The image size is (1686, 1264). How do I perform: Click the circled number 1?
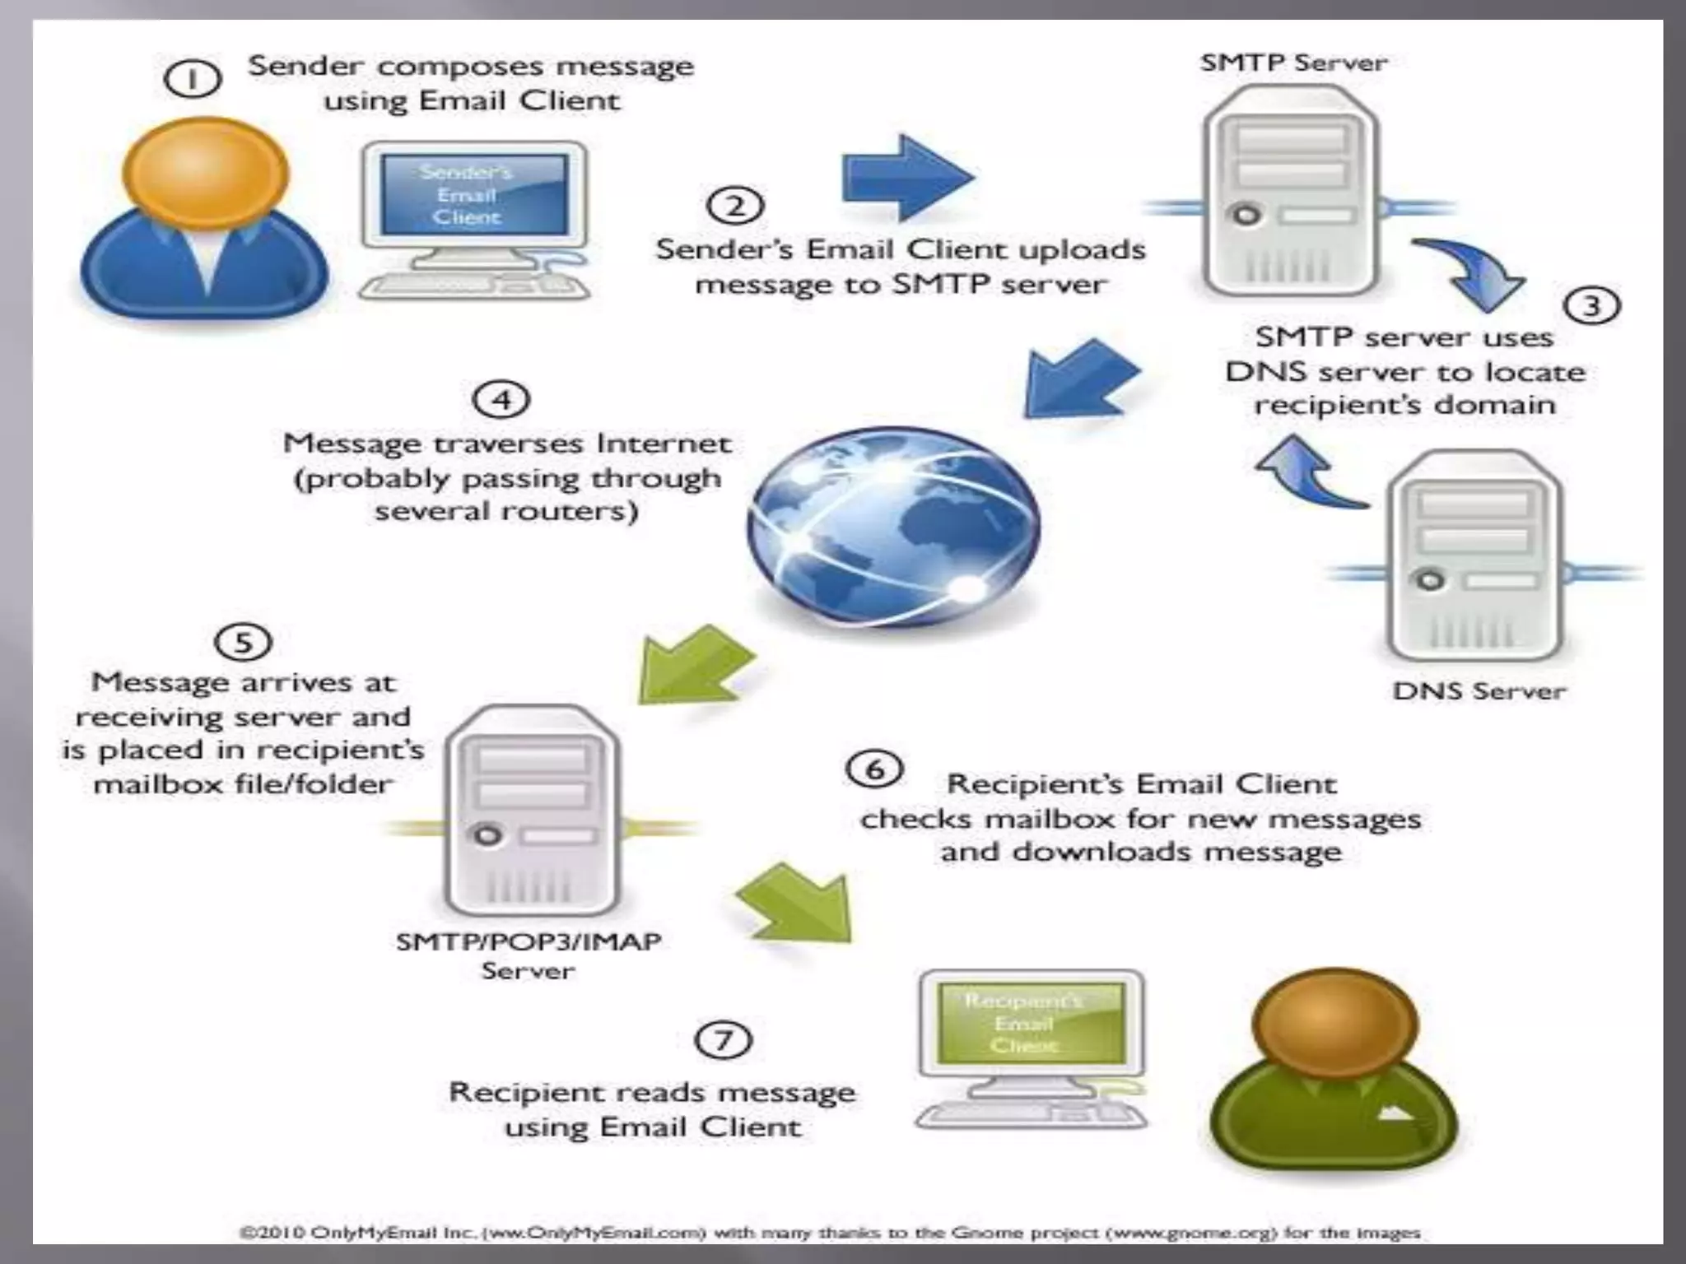click(193, 81)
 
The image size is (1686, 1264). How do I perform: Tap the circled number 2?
click(735, 205)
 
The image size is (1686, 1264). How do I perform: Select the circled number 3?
click(1591, 306)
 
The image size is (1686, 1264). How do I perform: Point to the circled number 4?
click(501, 400)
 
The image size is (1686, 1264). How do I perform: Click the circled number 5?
click(243, 642)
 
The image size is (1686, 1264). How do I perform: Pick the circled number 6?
click(874, 769)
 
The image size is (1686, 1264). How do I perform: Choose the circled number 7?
click(723, 1039)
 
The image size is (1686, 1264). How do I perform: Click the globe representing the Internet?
click(893, 525)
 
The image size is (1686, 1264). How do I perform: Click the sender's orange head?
click(206, 174)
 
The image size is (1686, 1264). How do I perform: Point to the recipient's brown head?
click(1334, 1024)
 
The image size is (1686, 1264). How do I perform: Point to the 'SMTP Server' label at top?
click(1292, 63)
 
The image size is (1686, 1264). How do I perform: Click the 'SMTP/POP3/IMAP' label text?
click(528, 941)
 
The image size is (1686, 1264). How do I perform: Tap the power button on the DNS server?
click(1430, 580)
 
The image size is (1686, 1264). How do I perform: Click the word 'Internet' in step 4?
click(664, 444)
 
